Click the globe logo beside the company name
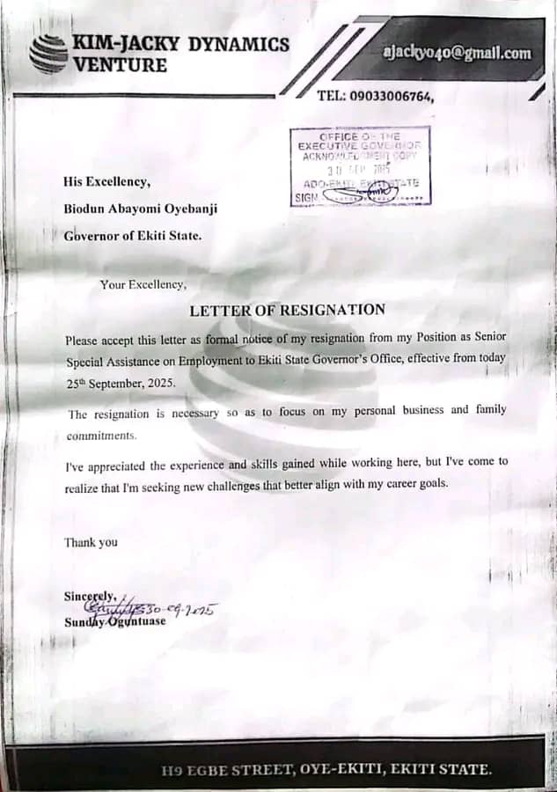tap(48, 54)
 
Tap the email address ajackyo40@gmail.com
tap(458, 53)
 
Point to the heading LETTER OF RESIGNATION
tap(288, 310)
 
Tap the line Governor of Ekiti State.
tap(132, 235)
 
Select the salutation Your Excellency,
tap(143, 284)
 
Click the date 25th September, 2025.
tap(121, 384)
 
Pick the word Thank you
tap(91, 542)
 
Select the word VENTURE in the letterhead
tap(120, 65)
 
